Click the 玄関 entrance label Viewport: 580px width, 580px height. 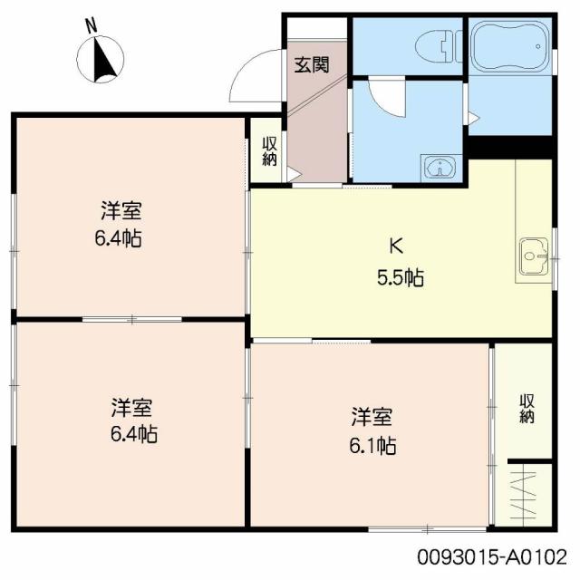coord(311,65)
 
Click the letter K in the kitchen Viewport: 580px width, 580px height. coord(395,244)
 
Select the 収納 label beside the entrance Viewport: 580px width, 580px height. coord(269,150)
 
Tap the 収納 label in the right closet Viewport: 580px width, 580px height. coord(527,408)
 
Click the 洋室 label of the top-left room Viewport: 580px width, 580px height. coord(121,212)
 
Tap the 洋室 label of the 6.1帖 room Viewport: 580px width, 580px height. coord(372,417)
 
